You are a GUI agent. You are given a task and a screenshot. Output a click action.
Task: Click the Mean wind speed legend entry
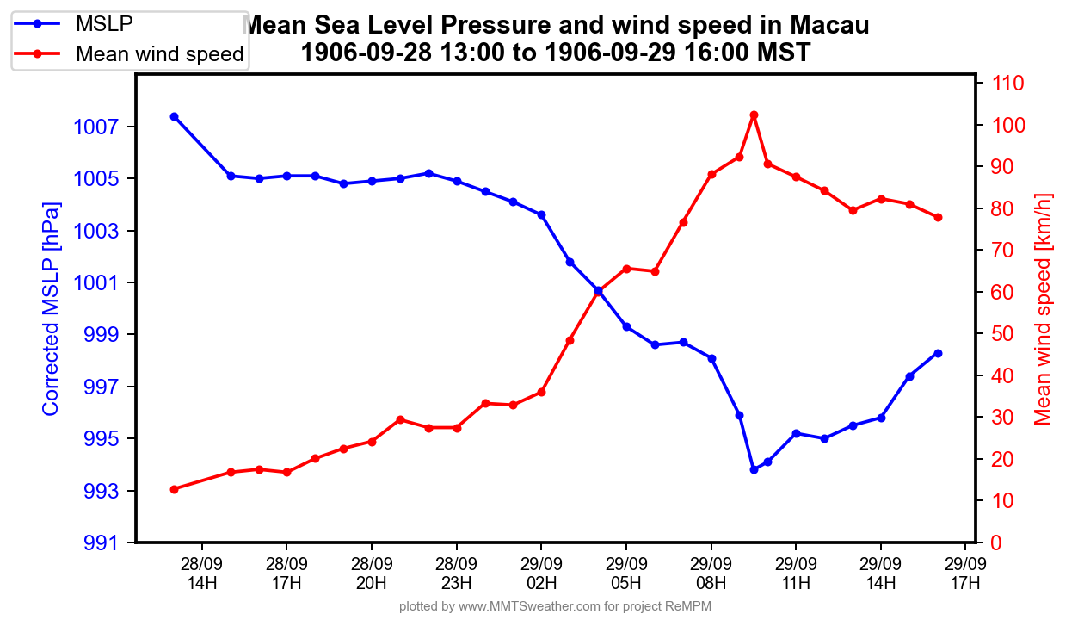tap(159, 54)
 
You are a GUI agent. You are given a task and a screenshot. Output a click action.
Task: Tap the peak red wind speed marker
tap(754, 115)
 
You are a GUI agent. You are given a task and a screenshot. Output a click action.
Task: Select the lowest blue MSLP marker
tap(754, 469)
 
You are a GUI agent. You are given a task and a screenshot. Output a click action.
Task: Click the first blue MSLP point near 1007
tap(174, 116)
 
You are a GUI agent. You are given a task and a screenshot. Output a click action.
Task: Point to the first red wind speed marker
tap(174, 489)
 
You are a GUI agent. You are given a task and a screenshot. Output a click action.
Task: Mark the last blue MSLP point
tap(938, 353)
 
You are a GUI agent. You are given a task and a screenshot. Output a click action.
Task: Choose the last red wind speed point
tap(938, 217)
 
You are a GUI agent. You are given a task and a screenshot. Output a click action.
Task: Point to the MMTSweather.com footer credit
tap(555, 606)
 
